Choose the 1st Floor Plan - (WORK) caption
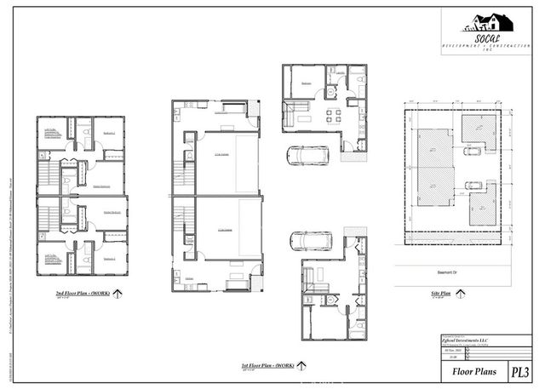[x=267, y=364]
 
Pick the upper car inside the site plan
[x=471, y=151]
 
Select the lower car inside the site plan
[x=471, y=185]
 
